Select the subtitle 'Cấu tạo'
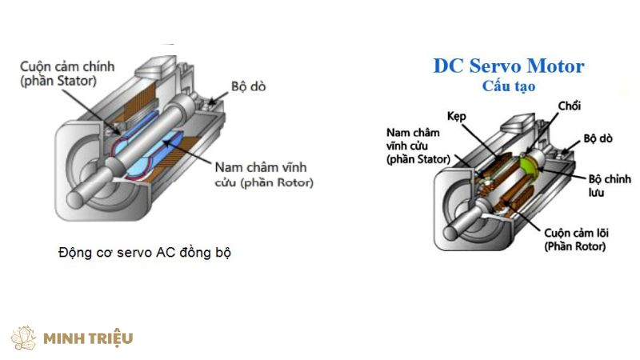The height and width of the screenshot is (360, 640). coord(510,86)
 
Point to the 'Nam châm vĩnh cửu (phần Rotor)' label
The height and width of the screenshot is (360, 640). coord(263,175)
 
